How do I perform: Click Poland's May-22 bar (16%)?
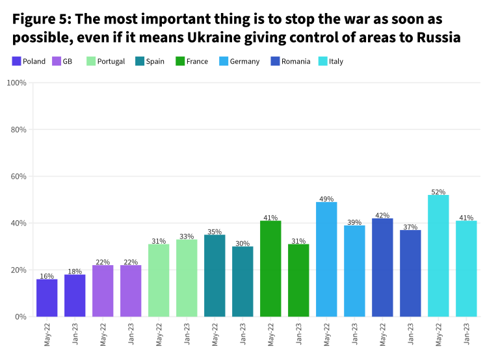point(47,298)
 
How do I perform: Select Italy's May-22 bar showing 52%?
point(439,255)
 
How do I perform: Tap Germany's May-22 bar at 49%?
point(326,259)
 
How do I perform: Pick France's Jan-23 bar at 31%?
point(298,280)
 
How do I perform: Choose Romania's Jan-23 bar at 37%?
point(410,273)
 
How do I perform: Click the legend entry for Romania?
point(291,62)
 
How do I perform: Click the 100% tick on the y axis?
point(16,83)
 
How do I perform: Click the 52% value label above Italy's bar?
point(439,192)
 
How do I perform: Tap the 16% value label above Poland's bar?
point(47,276)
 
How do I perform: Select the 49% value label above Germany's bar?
point(326,199)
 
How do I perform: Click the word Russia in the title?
point(436,38)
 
